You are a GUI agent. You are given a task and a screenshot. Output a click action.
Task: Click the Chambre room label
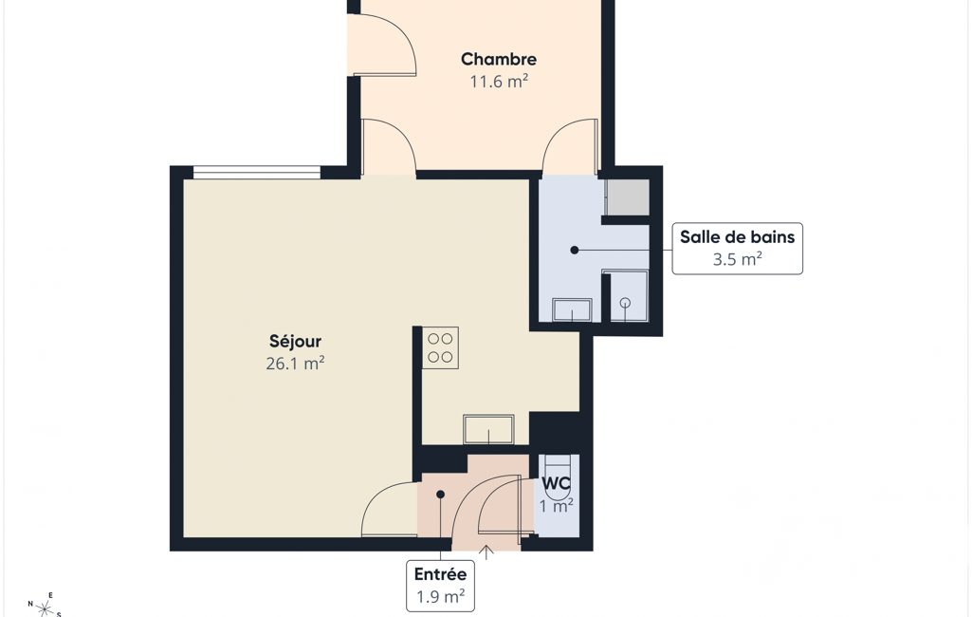(499, 60)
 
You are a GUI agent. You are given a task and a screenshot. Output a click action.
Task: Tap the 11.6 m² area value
(499, 82)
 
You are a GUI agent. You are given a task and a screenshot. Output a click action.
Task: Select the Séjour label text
(295, 342)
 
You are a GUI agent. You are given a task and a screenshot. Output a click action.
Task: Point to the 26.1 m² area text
(295, 364)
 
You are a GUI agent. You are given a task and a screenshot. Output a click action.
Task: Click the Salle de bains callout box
(737, 249)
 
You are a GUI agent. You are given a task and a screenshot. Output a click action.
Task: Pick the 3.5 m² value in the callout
(737, 259)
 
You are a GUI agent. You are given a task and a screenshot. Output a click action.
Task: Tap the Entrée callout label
(440, 574)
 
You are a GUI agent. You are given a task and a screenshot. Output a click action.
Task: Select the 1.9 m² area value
(440, 596)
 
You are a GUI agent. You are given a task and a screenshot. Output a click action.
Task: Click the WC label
(556, 483)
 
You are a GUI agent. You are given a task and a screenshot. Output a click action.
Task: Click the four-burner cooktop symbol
(440, 347)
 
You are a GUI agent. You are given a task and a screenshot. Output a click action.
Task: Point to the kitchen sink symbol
(488, 430)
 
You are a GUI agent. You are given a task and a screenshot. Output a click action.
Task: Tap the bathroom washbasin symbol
(572, 309)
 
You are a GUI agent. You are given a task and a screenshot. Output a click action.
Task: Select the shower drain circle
(626, 303)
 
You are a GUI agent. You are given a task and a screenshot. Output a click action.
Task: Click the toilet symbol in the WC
(556, 472)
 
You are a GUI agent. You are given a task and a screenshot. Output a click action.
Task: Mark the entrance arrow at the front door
(486, 552)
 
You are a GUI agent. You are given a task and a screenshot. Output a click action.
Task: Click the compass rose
(45, 607)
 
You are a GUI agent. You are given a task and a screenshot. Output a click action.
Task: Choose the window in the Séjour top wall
(257, 173)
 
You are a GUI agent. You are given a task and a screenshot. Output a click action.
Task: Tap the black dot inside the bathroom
(575, 251)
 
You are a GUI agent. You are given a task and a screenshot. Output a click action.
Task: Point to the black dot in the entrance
(440, 495)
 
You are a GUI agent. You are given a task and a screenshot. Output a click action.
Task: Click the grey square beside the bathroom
(627, 197)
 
